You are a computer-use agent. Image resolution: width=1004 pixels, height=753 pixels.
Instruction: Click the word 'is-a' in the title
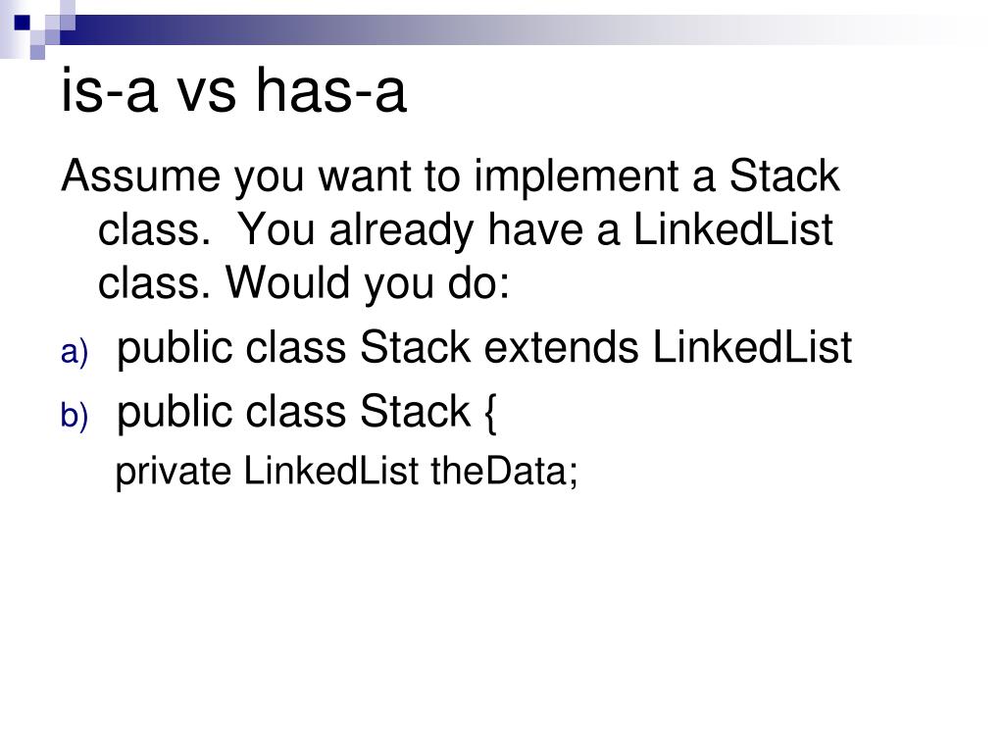[x=109, y=91]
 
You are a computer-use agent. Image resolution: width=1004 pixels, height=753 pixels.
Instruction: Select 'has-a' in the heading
[x=331, y=91]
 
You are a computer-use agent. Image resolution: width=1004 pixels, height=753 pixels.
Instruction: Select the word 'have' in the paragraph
[x=535, y=229]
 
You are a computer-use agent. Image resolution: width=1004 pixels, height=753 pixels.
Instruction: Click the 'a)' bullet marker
[x=75, y=352]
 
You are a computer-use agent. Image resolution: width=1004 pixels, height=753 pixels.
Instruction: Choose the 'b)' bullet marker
[x=75, y=416]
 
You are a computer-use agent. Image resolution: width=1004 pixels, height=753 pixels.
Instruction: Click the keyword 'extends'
[x=562, y=348]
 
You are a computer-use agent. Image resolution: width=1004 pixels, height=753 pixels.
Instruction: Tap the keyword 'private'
[x=174, y=473]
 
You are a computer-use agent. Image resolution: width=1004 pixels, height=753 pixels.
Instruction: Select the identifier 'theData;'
[x=505, y=472]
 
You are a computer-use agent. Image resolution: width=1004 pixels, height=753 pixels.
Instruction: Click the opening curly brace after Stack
[x=490, y=414]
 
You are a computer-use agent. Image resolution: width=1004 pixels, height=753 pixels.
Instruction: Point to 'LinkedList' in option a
[x=752, y=348]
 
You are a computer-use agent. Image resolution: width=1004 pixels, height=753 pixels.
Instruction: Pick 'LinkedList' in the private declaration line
[x=331, y=471]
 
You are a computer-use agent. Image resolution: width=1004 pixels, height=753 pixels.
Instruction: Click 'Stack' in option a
[x=416, y=348]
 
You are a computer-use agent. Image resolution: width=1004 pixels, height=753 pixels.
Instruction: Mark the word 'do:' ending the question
[x=478, y=282]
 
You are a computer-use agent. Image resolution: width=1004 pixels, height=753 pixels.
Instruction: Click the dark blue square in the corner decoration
[x=22, y=24]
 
